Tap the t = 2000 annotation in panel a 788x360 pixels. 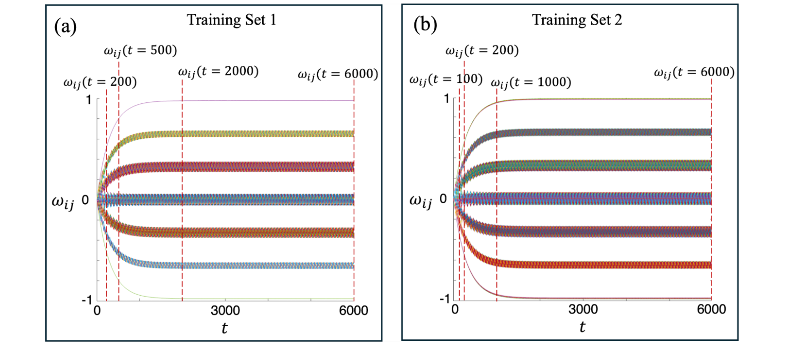coord(218,71)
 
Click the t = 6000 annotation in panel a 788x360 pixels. coord(338,75)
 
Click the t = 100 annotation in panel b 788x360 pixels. coord(446,79)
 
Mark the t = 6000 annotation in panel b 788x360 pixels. coord(693,73)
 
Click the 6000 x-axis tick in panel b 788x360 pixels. coord(711,310)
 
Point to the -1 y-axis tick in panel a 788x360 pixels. coord(86,300)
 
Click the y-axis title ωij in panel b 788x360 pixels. coord(420,201)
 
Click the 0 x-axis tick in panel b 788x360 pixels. coord(454,310)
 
